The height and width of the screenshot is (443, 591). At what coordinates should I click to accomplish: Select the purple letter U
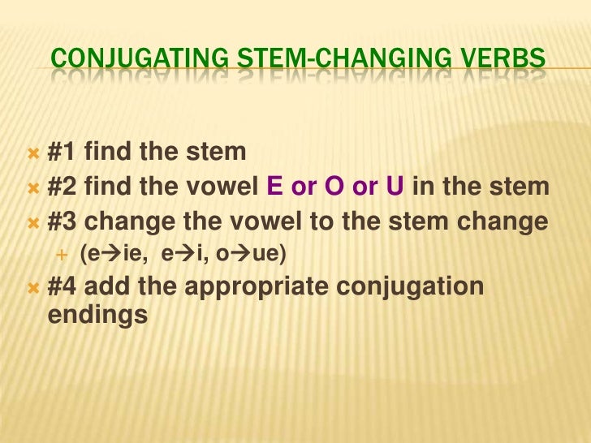tap(395, 188)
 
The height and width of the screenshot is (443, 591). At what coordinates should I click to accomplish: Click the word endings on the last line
tap(94, 315)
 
